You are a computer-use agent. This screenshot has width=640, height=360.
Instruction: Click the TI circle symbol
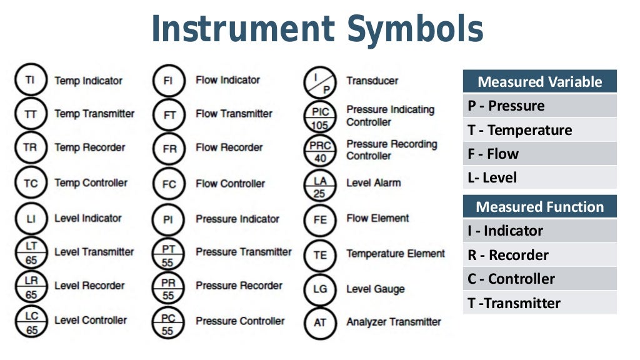(30, 80)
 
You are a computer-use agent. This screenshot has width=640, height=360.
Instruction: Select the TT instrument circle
(30, 114)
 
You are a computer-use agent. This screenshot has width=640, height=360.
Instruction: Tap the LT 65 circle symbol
(31, 252)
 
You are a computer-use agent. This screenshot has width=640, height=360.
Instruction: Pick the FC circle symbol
(169, 184)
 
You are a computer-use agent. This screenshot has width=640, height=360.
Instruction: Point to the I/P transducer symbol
(320, 82)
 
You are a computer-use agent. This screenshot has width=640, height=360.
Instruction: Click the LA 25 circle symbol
(320, 186)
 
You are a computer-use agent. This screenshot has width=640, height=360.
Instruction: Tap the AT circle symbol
(320, 322)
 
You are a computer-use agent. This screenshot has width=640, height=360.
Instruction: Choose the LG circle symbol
(320, 289)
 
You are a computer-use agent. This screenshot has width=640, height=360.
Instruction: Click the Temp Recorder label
(89, 148)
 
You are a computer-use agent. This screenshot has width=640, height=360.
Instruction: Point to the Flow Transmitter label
(234, 114)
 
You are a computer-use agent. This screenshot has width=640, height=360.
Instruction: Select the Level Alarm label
(374, 183)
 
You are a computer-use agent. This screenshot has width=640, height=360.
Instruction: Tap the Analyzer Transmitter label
(394, 322)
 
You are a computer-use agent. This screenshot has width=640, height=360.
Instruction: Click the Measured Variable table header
(539, 82)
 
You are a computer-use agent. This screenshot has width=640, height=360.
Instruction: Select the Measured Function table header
(539, 207)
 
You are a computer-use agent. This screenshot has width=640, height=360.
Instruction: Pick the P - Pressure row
(539, 106)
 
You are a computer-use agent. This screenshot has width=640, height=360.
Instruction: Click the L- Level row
(539, 177)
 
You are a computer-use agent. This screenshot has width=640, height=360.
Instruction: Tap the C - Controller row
(539, 279)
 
